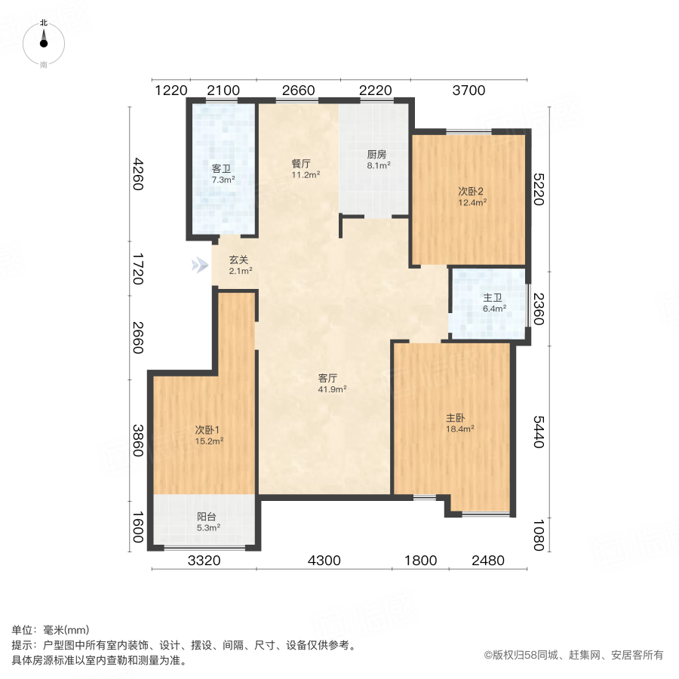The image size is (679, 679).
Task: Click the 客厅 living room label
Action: click(x=327, y=378)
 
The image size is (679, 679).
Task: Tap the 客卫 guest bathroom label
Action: click(x=222, y=169)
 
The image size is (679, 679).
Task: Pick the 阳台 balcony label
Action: click(x=207, y=517)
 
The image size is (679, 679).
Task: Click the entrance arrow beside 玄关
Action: click(x=199, y=265)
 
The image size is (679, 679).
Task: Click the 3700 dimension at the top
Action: click(x=469, y=91)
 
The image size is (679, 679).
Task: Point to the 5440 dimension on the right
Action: click(x=538, y=432)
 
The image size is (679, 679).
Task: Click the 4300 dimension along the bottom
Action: click(x=324, y=561)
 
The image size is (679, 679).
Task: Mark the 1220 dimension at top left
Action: click(x=171, y=91)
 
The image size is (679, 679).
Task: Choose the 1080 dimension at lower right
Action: click(x=538, y=533)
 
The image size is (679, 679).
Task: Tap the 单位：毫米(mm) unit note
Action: click(x=51, y=631)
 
